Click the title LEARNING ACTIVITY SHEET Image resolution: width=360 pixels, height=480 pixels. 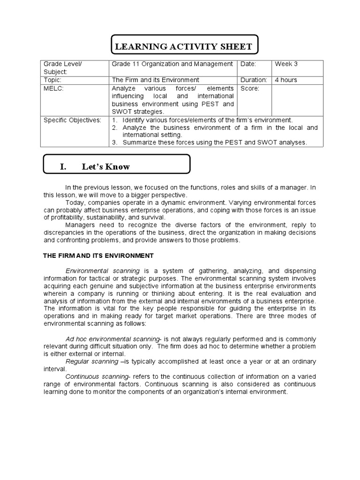pyautogui.click(x=183, y=47)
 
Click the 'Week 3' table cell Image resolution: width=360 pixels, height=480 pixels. pyautogui.click(x=286, y=64)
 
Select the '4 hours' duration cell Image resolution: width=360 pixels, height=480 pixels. pyautogui.click(x=285, y=80)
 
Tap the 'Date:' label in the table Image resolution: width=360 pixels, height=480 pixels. pyautogui.click(x=249, y=64)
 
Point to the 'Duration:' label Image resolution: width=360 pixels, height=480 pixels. pyautogui.click(x=254, y=80)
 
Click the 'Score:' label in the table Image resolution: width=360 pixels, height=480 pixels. pyautogui.click(x=250, y=88)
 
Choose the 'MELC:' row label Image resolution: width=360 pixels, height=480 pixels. pyautogui.click(x=52, y=88)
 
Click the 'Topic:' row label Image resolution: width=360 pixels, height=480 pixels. pyautogui.click(x=53, y=80)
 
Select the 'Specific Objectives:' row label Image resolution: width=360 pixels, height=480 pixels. pyautogui.click(x=72, y=120)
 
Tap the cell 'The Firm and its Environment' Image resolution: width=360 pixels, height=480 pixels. pyautogui.click(x=155, y=80)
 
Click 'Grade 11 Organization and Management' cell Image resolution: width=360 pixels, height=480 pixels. pyautogui.click(x=172, y=64)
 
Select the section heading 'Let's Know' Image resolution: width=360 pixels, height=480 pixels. pyautogui.click(x=105, y=167)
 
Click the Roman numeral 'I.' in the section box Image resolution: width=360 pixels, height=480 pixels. pyautogui.click(x=64, y=167)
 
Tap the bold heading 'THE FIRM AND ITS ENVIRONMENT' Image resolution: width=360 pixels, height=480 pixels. pyautogui.click(x=98, y=255)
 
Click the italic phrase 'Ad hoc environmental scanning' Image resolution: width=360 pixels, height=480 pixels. pyautogui.click(x=112, y=339)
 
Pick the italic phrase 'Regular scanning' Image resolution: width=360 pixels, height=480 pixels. pyautogui.click(x=92, y=362)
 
